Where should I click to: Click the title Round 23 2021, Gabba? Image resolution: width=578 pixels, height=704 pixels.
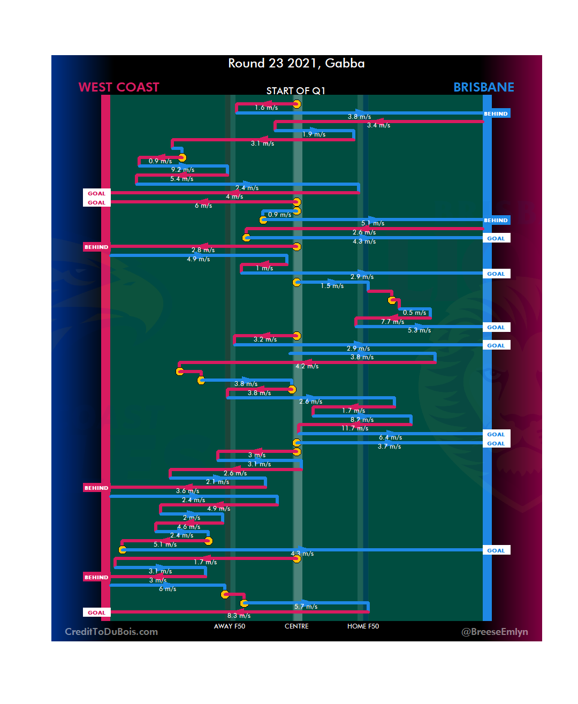tap(296, 63)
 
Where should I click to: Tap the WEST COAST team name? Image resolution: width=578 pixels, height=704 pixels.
tap(119, 87)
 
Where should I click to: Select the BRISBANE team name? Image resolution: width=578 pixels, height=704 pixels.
tap(483, 87)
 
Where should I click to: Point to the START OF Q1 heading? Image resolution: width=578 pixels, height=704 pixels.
tap(295, 91)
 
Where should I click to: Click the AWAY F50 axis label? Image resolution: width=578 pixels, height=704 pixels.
tap(229, 626)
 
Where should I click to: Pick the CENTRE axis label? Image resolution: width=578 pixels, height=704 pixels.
tap(296, 626)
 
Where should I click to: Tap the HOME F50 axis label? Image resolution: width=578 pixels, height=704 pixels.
tap(363, 626)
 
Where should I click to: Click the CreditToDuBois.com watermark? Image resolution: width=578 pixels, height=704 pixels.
tap(111, 632)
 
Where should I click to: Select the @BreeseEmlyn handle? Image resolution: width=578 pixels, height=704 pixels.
tap(495, 632)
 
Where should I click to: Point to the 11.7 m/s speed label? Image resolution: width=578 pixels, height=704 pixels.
tap(355, 428)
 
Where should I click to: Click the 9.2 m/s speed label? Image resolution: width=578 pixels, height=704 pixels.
tap(182, 170)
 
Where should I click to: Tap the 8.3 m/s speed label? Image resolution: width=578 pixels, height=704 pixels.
tap(239, 616)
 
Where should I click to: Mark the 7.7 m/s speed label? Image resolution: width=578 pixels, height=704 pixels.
tap(392, 322)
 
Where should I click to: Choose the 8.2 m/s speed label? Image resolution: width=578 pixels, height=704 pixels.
tap(362, 420)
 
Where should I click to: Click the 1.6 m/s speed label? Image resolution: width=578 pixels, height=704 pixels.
tap(266, 108)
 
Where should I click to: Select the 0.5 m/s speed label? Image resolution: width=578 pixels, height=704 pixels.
tap(414, 313)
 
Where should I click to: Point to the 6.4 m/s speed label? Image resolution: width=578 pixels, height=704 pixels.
tap(390, 437)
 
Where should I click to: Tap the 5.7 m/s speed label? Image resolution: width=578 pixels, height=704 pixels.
tap(306, 607)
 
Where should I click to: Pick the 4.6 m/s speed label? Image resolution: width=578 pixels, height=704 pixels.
tap(188, 527)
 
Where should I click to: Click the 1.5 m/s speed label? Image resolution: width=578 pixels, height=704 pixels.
tap(332, 286)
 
